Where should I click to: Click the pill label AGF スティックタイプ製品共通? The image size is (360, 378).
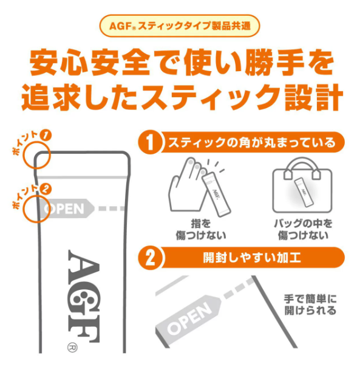point(180,26)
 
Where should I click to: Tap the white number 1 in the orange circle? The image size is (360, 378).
point(151,143)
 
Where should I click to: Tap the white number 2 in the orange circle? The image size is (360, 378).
point(151,258)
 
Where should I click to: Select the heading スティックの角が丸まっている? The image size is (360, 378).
point(252,142)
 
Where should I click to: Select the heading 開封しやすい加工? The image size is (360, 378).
point(252,258)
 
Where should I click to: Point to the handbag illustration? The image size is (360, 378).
point(302,185)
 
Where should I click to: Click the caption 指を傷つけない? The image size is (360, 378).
point(201,229)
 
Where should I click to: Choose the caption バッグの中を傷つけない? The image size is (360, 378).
point(303,229)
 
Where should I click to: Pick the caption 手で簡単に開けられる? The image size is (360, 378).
point(310,304)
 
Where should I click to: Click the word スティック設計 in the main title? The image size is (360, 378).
point(242,97)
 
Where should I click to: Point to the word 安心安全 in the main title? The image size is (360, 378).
point(90,63)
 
